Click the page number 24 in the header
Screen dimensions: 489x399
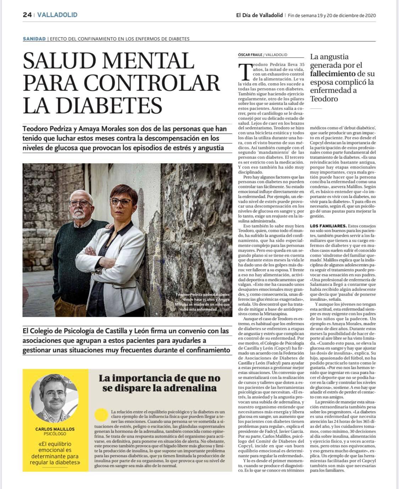(x=27, y=15)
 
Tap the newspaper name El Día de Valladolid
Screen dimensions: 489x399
(x=259, y=15)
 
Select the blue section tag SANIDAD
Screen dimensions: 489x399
(x=34, y=39)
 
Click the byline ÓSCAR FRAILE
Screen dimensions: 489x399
(x=250, y=55)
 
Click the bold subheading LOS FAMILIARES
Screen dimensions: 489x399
(x=328, y=226)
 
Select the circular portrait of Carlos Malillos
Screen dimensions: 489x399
(x=55, y=398)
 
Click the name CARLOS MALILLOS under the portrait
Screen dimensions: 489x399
(x=55, y=429)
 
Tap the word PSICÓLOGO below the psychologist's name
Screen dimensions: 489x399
(x=55, y=433)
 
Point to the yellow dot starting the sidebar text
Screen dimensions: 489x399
(x=102, y=414)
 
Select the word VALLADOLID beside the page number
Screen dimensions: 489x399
(x=57, y=15)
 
